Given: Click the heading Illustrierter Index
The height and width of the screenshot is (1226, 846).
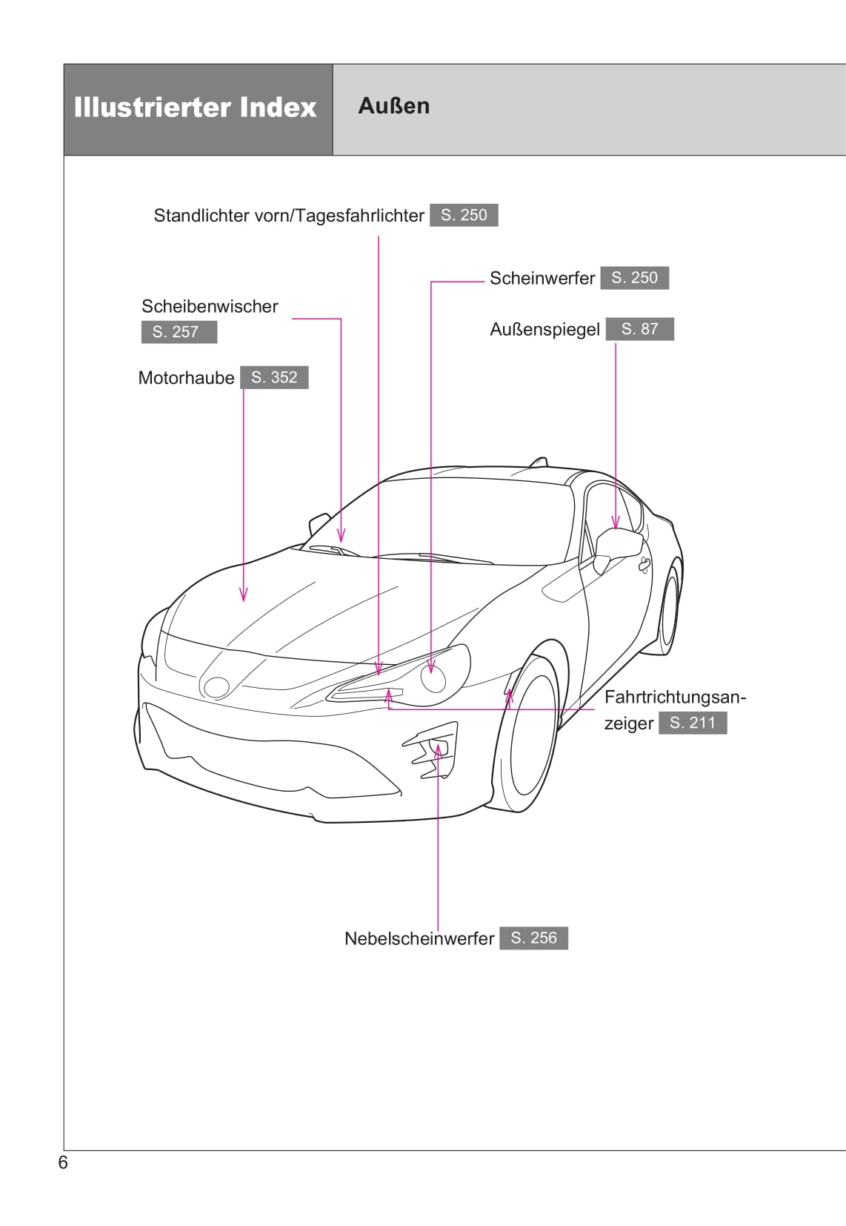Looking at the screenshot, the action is coord(196,107).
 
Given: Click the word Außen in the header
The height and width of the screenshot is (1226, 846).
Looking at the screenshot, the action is coord(394,106).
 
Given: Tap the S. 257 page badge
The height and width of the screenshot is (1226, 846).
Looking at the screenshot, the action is coord(179,331).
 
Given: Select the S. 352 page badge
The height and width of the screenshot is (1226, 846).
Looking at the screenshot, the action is coord(274,377).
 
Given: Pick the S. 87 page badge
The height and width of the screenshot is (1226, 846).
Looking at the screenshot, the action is coord(639,329).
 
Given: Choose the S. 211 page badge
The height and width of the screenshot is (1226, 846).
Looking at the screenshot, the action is coord(693,723).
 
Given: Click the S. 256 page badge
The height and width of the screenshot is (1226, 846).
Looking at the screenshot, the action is coord(533,938).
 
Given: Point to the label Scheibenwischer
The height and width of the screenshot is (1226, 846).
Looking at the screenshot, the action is coord(210,306).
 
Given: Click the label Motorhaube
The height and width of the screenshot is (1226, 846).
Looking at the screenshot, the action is coord(186,377).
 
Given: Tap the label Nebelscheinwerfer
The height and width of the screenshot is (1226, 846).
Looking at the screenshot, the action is coord(419,938).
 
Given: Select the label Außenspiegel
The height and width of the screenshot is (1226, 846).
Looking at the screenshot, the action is coord(544,330).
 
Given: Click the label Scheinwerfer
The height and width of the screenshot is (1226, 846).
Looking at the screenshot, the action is coord(542,278).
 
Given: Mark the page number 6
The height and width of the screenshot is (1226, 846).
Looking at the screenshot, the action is coord(63,1162).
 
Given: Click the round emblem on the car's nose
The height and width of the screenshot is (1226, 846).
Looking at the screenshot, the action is coord(216,687).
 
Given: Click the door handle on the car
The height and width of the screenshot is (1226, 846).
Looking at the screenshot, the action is coord(645,564).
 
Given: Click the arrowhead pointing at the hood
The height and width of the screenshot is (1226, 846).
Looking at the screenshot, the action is coord(244,594).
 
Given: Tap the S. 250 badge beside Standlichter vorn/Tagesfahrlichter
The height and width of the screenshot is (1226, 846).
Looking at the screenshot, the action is coord(464,214).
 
